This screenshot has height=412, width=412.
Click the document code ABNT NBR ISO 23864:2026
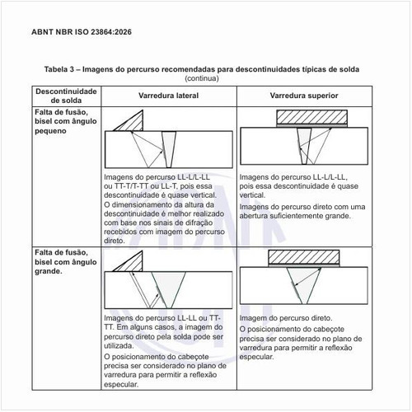tap(82, 32)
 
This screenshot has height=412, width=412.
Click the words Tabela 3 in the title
tap(59, 69)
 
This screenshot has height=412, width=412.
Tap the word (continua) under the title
tap(202, 78)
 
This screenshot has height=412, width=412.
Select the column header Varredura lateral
tap(168, 96)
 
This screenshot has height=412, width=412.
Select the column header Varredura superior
tap(304, 96)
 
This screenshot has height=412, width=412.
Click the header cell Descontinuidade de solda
tap(66, 96)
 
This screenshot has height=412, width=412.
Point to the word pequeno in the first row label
tap(50, 131)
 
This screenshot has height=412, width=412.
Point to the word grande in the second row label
tap(48, 271)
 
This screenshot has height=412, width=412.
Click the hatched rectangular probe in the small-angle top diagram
tap(311, 117)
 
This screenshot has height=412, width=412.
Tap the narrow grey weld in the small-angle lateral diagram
tap(169, 149)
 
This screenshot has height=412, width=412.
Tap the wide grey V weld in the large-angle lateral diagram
tap(168, 287)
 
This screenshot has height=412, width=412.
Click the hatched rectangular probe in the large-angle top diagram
tap(304, 257)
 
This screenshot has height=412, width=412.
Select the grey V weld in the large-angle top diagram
tap(304, 283)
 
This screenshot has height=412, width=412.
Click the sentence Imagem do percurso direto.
tap(286, 318)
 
